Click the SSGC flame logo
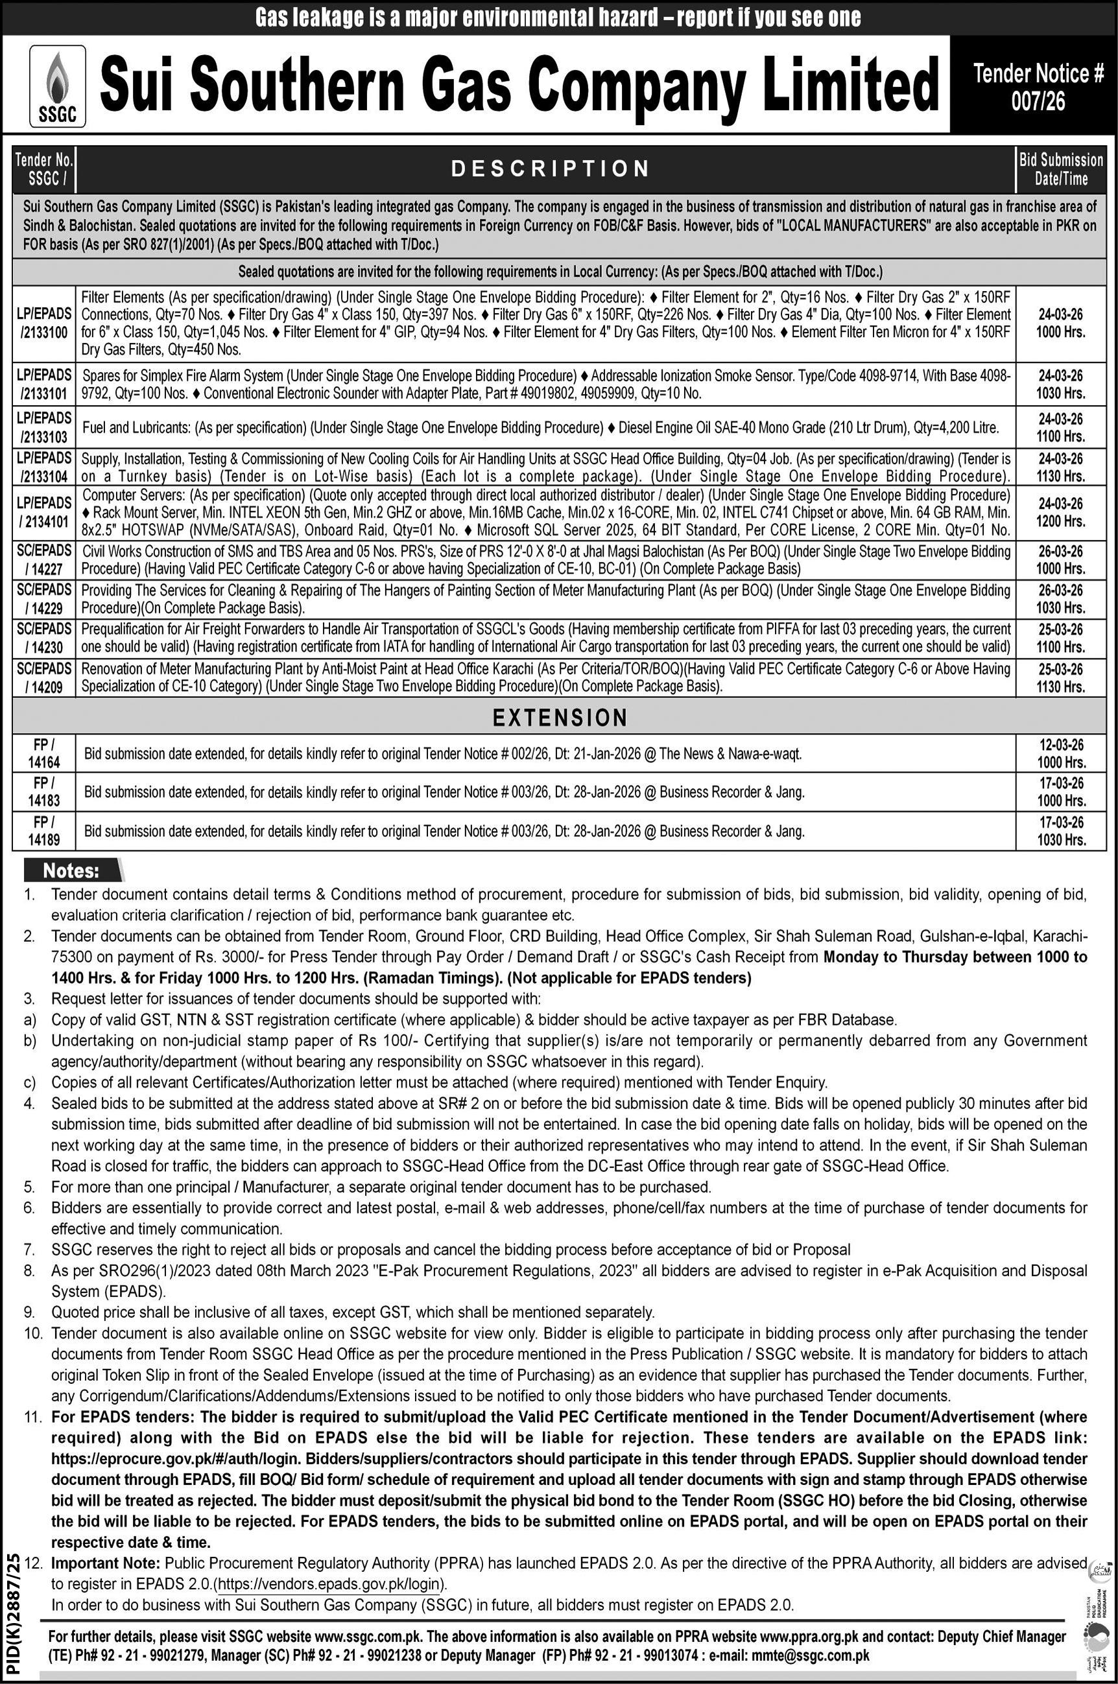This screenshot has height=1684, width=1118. click(57, 86)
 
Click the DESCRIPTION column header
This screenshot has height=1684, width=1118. click(550, 169)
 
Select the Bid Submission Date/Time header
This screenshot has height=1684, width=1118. click(1061, 169)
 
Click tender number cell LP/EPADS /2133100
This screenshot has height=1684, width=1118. click(43, 323)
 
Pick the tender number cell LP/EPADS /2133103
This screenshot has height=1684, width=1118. click(43, 427)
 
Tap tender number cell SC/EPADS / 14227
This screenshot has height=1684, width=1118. click(43, 559)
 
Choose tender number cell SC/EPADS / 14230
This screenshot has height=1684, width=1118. click(43, 638)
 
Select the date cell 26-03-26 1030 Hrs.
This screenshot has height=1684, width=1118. click(1061, 599)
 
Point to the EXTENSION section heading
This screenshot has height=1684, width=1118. click(560, 717)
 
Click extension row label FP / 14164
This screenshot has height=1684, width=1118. click(43, 753)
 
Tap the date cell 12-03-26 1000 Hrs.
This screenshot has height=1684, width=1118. click(1061, 753)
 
